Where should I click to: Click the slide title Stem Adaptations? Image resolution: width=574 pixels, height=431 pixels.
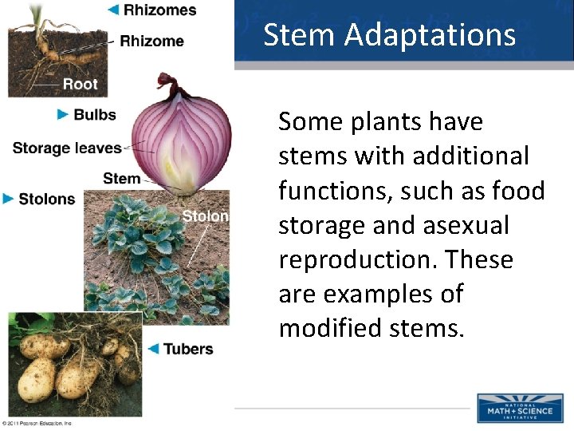[x=389, y=35]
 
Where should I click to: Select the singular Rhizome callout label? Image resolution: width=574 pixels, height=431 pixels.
[x=151, y=41]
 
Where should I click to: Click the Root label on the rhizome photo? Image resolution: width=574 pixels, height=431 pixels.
[x=80, y=83]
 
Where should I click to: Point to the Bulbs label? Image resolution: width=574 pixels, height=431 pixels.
[x=95, y=115]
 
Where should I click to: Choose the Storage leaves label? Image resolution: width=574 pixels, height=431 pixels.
[x=67, y=148]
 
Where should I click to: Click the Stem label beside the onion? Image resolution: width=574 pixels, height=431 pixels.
[x=121, y=178]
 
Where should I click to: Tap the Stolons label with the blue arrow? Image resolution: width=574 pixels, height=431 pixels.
[x=46, y=199]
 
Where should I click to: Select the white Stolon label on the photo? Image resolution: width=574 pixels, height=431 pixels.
[x=205, y=216]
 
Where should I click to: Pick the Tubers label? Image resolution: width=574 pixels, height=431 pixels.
[x=188, y=349]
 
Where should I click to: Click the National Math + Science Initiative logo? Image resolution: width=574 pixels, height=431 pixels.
[x=519, y=408]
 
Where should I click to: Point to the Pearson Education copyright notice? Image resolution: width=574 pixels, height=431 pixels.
[x=38, y=423]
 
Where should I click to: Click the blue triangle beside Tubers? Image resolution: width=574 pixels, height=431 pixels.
[x=154, y=349]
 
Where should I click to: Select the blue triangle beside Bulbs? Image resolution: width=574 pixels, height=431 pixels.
[x=63, y=115]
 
